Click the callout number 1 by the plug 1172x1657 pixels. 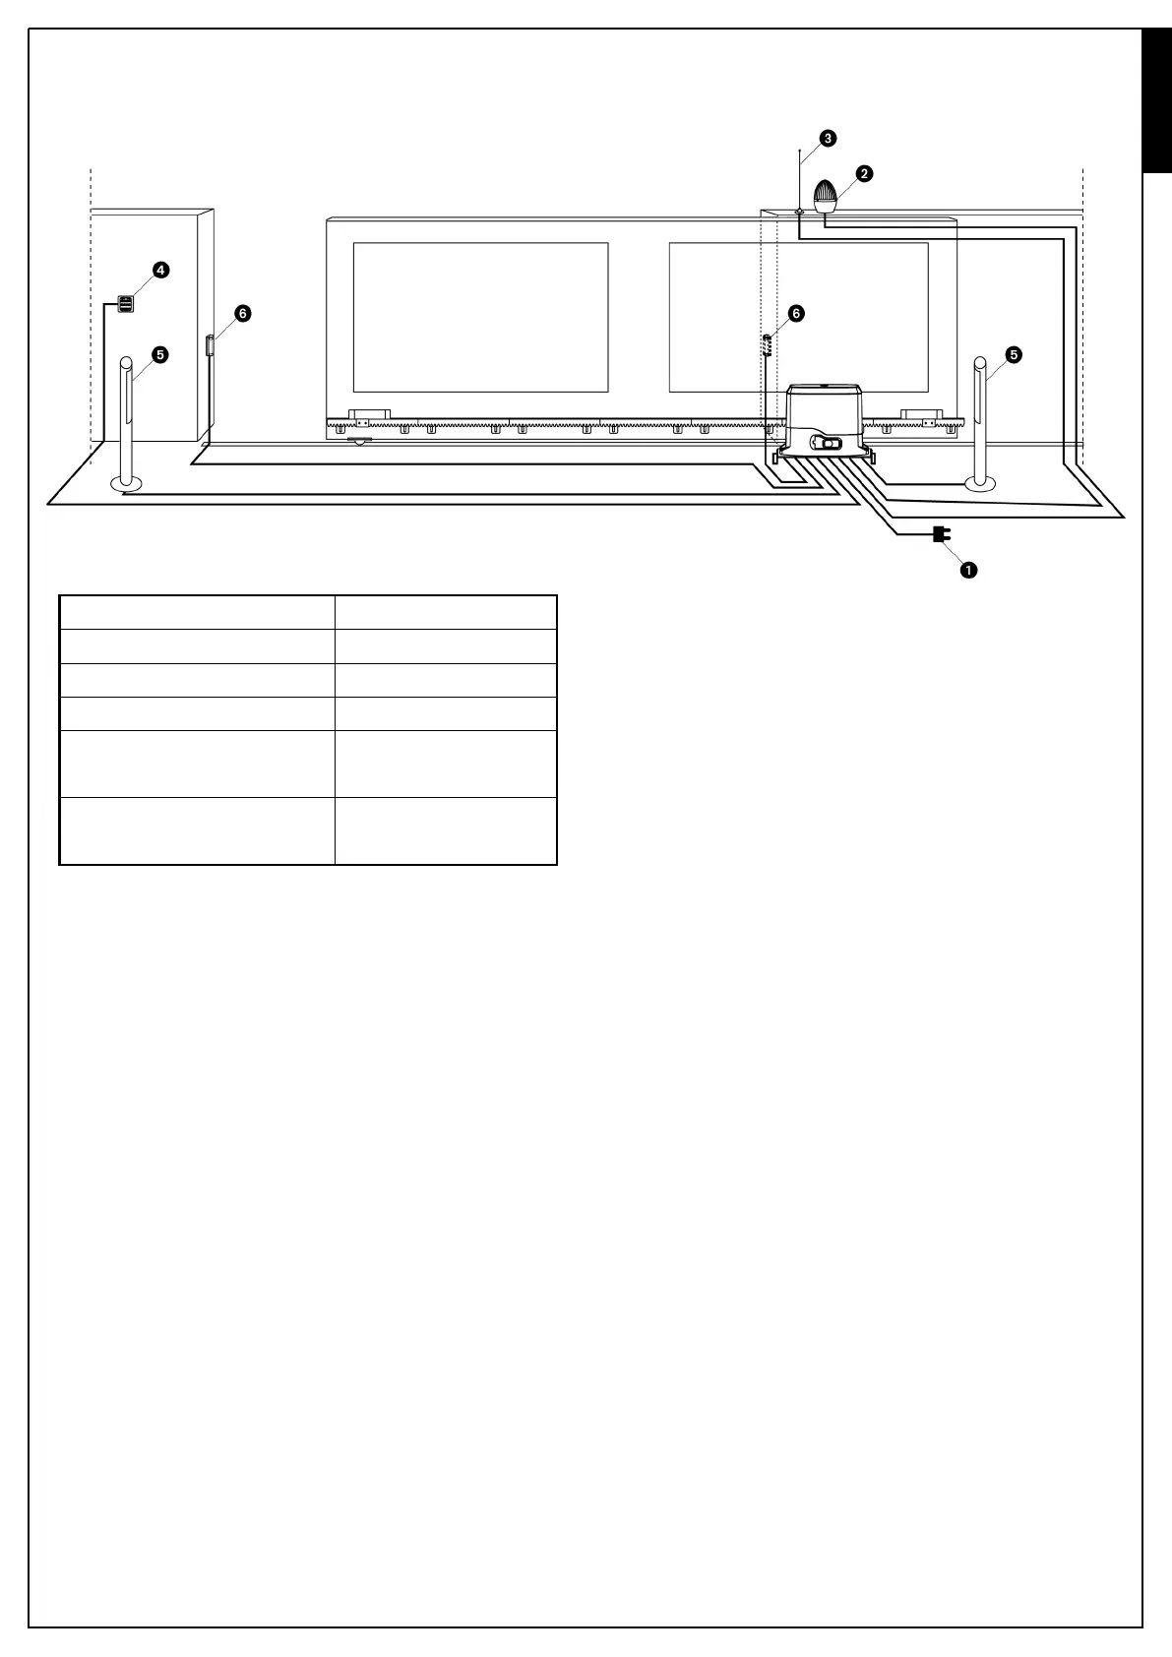click(968, 570)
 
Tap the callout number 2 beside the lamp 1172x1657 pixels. click(863, 173)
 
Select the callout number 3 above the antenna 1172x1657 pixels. click(829, 138)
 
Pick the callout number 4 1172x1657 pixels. click(160, 270)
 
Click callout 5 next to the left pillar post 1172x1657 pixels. click(160, 355)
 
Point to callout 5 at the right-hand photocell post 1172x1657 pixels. click(1014, 355)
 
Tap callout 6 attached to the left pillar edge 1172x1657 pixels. click(242, 313)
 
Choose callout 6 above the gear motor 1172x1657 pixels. click(796, 313)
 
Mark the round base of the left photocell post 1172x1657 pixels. click(126, 483)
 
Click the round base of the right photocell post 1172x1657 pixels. click(981, 483)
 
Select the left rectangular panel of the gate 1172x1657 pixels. click(480, 317)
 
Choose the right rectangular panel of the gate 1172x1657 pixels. click(798, 317)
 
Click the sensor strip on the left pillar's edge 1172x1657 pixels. click(209, 345)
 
